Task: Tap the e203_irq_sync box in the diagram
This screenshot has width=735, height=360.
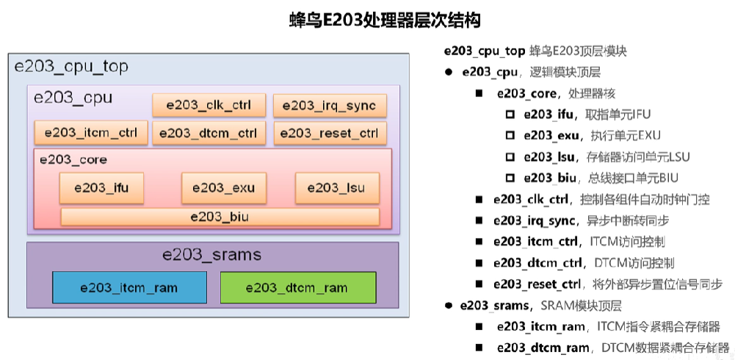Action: [329, 105]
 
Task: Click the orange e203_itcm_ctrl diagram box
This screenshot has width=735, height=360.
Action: [91, 133]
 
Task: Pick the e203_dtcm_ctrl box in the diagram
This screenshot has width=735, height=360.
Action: [209, 133]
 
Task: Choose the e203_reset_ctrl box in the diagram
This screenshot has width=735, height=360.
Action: [329, 133]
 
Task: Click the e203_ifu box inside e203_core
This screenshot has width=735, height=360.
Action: [101, 188]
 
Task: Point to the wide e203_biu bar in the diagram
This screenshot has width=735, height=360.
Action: [220, 217]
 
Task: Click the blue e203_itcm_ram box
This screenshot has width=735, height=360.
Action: [129, 287]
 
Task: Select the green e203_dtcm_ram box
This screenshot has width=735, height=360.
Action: [297, 287]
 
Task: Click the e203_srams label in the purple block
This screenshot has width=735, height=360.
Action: [211, 255]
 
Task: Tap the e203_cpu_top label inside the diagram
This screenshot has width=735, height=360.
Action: [71, 67]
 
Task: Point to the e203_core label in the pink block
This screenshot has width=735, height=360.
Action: [73, 159]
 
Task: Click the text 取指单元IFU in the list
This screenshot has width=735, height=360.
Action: [618, 115]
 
